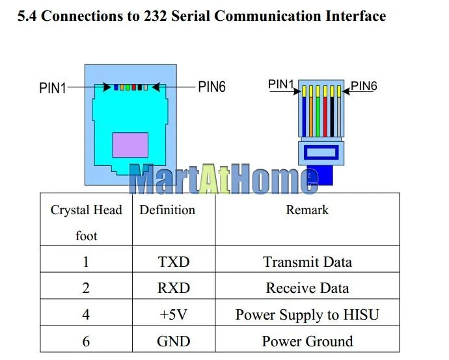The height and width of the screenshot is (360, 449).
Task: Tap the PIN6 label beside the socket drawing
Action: (x=212, y=87)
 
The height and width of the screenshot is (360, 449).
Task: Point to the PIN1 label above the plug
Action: (x=282, y=84)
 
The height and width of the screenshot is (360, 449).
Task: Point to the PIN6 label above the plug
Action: (x=364, y=85)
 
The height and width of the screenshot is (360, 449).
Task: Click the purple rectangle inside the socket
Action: (x=130, y=145)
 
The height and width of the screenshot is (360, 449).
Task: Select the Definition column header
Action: (x=167, y=210)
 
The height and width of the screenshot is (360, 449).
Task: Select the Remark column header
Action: (x=307, y=210)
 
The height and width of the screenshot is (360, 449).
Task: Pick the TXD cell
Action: (x=173, y=262)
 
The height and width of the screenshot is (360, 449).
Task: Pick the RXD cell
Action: (x=173, y=288)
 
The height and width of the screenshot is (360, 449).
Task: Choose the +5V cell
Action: (x=173, y=315)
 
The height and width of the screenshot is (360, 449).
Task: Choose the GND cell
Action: (x=173, y=341)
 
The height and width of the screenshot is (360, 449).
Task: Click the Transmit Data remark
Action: (x=307, y=262)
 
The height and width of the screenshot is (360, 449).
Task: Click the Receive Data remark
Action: (x=307, y=288)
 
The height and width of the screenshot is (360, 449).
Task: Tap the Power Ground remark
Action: (x=307, y=341)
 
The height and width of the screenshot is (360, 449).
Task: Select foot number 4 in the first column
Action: (x=87, y=315)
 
